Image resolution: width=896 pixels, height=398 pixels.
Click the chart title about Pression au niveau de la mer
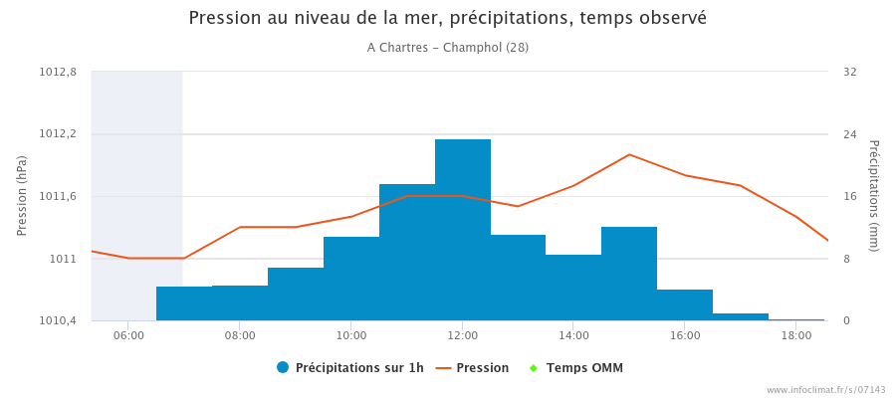[447, 18]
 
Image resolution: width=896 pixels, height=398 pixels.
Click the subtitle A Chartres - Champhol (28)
[447, 48]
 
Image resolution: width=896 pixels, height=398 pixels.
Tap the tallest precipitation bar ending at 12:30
[463, 229]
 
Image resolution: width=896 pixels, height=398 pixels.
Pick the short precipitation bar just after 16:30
[741, 316]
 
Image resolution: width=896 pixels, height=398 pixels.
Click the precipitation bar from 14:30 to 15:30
[629, 274]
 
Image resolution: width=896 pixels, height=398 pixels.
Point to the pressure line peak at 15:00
[629, 154]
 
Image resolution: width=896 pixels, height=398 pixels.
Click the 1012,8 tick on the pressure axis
[58, 72]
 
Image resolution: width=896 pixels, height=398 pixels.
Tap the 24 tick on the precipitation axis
[849, 134]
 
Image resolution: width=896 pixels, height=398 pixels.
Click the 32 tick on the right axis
[849, 72]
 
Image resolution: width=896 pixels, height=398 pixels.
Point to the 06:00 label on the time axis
[128, 335]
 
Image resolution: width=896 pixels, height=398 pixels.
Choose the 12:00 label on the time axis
[462, 335]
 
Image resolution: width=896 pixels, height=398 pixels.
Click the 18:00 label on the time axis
[795, 335]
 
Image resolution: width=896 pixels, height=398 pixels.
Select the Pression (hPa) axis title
[22, 196]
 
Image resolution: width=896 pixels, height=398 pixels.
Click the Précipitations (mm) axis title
[874, 196]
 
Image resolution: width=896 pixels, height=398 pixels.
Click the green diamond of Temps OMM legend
[533, 368]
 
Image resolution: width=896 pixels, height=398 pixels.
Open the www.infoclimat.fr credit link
[825, 390]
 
